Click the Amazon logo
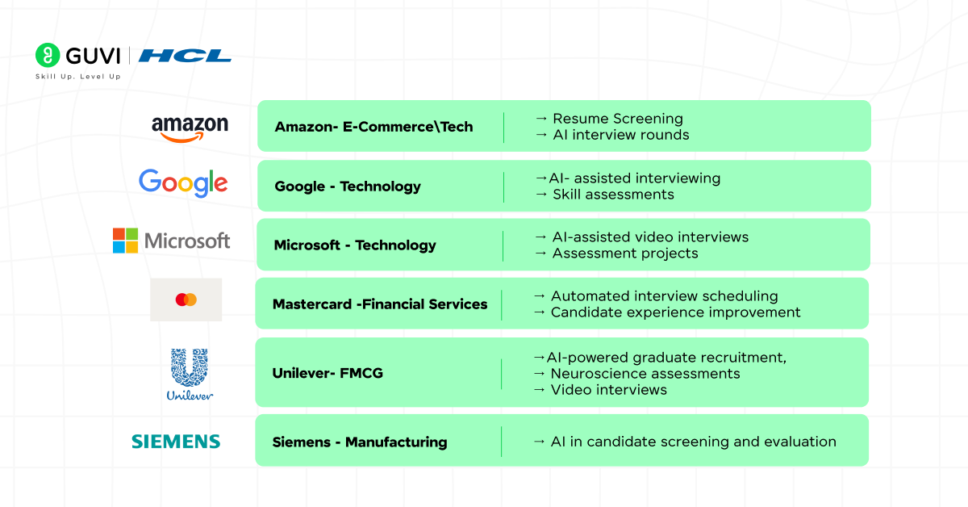click(190, 128)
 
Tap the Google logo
click(183, 183)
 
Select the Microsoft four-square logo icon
click(125, 241)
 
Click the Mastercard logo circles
click(186, 300)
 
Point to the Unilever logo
click(190, 374)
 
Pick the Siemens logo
click(176, 442)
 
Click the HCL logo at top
click(185, 56)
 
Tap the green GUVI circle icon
click(48, 56)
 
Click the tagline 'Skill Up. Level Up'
click(78, 77)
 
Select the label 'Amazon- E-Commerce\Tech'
click(373, 127)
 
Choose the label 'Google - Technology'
click(348, 186)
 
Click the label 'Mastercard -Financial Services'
click(380, 304)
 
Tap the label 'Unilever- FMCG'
click(328, 373)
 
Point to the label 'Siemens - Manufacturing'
click(360, 442)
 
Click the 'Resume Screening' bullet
click(617, 119)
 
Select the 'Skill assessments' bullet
click(613, 195)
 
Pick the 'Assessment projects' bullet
click(624, 253)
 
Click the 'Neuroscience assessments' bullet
click(645, 374)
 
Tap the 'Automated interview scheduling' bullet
click(664, 296)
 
